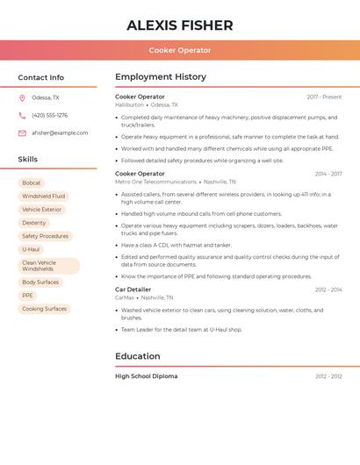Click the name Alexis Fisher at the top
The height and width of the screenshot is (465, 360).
pyautogui.click(x=180, y=25)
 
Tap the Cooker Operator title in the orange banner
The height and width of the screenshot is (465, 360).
pyautogui.click(x=180, y=50)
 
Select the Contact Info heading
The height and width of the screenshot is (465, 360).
pyautogui.click(x=40, y=77)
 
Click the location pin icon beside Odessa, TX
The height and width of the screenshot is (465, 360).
pyautogui.click(x=22, y=97)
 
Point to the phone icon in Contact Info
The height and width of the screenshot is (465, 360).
pyautogui.click(x=22, y=115)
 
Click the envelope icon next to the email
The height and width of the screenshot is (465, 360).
pyautogui.click(x=22, y=133)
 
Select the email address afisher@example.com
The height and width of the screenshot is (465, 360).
pyautogui.click(x=60, y=133)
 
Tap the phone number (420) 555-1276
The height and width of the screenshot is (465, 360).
pyautogui.click(x=49, y=115)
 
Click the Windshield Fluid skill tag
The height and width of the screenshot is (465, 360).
pyautogui.click(x=43, y=197)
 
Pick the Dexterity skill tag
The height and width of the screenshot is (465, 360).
pyautogui.click(x=33, y=223)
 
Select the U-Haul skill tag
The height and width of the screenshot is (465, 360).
pyautogui.click(x=31, y=249)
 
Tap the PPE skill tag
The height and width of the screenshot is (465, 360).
pyautogui.click(x=27, y=296)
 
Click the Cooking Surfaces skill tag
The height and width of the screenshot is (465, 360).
pyautogui.click(x=44, y=309)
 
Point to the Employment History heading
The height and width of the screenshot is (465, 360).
pyautogui.click(x=161, y=77)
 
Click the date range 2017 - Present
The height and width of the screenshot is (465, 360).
pyautogui.click(x=324, y=97)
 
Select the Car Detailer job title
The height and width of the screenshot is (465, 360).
pyautogui.click(x=133, y=290)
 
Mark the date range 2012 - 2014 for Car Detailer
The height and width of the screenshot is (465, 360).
pyautogui.click(x=328, y=290)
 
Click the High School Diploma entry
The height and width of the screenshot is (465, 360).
pyautogui.click(x=146, y=376)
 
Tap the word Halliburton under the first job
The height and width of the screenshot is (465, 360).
pyautogui.click(x=129, y=104)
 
